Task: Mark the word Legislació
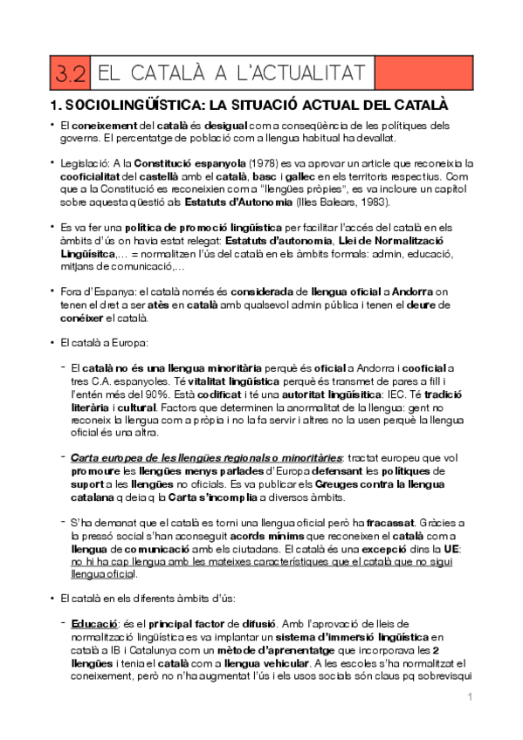pos(85,163)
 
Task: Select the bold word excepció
pos(396,551)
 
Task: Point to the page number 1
pos(470,696)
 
